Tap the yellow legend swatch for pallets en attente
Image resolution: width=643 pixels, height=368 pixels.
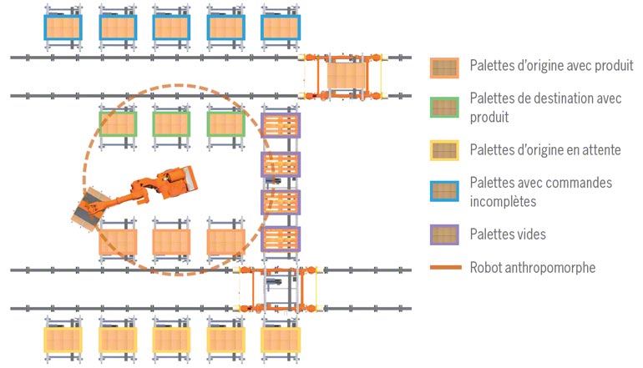click(x=444, y=151)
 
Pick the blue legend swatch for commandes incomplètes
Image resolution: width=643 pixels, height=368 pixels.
click(x=444, y=192)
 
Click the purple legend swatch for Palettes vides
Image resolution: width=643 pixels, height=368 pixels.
click(x=444, y=234)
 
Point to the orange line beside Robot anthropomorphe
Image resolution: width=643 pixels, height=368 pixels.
click(x=444, y=268)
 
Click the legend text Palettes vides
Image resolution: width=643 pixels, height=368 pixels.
click(x=508, y=234)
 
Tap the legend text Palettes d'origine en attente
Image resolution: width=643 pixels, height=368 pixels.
click(x=544, y=151)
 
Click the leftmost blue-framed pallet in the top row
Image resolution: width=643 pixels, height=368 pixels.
click(x=63, y=28)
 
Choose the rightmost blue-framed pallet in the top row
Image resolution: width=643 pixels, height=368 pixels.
click(x=281, y=28)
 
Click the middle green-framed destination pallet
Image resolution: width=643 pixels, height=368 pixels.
click(x=172, y=125)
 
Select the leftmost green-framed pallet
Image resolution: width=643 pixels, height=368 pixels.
click(x=118, y=125)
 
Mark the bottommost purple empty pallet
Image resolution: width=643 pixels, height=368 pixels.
click(x=281, y=239)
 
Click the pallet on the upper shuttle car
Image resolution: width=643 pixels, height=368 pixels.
click(x=344, y=77)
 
